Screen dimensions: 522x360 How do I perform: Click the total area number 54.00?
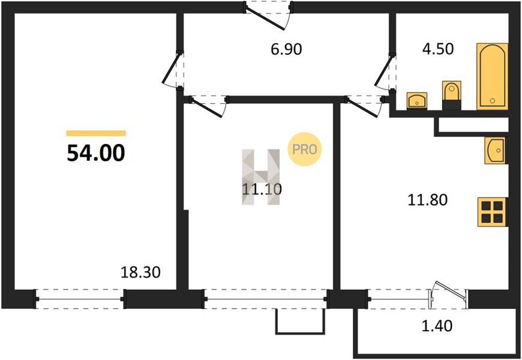[x=96, y=153]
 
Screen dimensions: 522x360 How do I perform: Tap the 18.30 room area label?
[x=140, y=272]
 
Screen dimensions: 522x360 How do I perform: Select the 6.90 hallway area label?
[x=286, y=49]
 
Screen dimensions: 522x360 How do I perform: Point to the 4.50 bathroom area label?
[x=438, y=49]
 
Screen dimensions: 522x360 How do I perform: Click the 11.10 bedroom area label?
[x=262, y=189]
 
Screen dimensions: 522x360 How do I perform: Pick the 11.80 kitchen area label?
[x=427, y=200]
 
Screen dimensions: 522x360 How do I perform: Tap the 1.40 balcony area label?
[x=437, y=325]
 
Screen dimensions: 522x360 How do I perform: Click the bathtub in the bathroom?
[x=493, y=76]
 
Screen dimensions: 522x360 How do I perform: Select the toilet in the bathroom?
[x=451, y=95]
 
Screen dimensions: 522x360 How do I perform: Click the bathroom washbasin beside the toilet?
[x=417, y=101]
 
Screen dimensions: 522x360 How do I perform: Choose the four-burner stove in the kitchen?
[x=493, y=212]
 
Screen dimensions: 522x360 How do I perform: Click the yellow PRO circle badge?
[x=304, y=149]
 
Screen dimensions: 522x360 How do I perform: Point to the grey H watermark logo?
[x=260, y=177]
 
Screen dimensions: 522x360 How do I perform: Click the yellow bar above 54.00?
[x=96, y=133]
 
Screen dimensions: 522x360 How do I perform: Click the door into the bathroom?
[x=386, y=71]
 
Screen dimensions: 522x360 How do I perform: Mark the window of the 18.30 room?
[x=80, y=299]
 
